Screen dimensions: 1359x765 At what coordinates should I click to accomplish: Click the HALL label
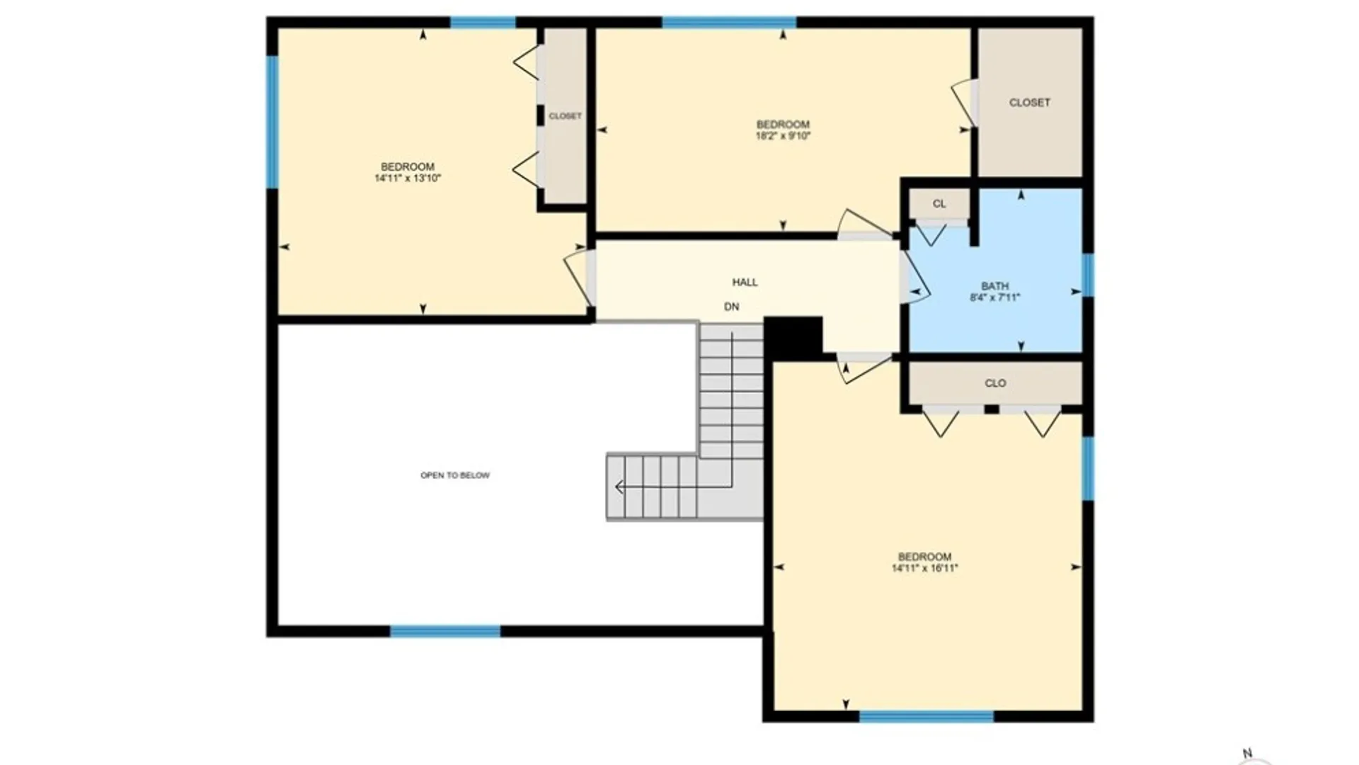745,282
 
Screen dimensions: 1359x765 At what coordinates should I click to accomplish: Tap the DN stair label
732,307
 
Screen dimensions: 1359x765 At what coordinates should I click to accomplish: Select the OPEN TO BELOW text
455,475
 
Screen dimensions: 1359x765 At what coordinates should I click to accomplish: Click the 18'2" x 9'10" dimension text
783,135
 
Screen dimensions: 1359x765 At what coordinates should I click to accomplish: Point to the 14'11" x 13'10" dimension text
408,178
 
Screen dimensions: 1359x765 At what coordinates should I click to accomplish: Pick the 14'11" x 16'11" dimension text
924,567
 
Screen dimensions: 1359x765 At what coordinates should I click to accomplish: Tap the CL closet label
939,204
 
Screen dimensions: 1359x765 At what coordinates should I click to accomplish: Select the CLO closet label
995,383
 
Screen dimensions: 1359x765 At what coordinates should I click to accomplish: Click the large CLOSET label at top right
1030,103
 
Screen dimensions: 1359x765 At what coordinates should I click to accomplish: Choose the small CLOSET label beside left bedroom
566,116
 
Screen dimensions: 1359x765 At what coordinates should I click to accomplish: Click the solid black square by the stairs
793,339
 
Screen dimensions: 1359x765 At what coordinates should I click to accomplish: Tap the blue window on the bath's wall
1088,275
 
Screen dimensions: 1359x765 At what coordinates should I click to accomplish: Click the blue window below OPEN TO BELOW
445,631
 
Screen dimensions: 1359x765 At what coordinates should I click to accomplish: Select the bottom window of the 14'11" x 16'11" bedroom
927,717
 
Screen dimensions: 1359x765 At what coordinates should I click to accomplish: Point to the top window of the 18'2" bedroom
729,22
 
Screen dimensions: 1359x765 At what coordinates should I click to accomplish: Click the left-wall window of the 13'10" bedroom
272,123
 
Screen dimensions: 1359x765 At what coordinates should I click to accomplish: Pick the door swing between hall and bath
914,278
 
